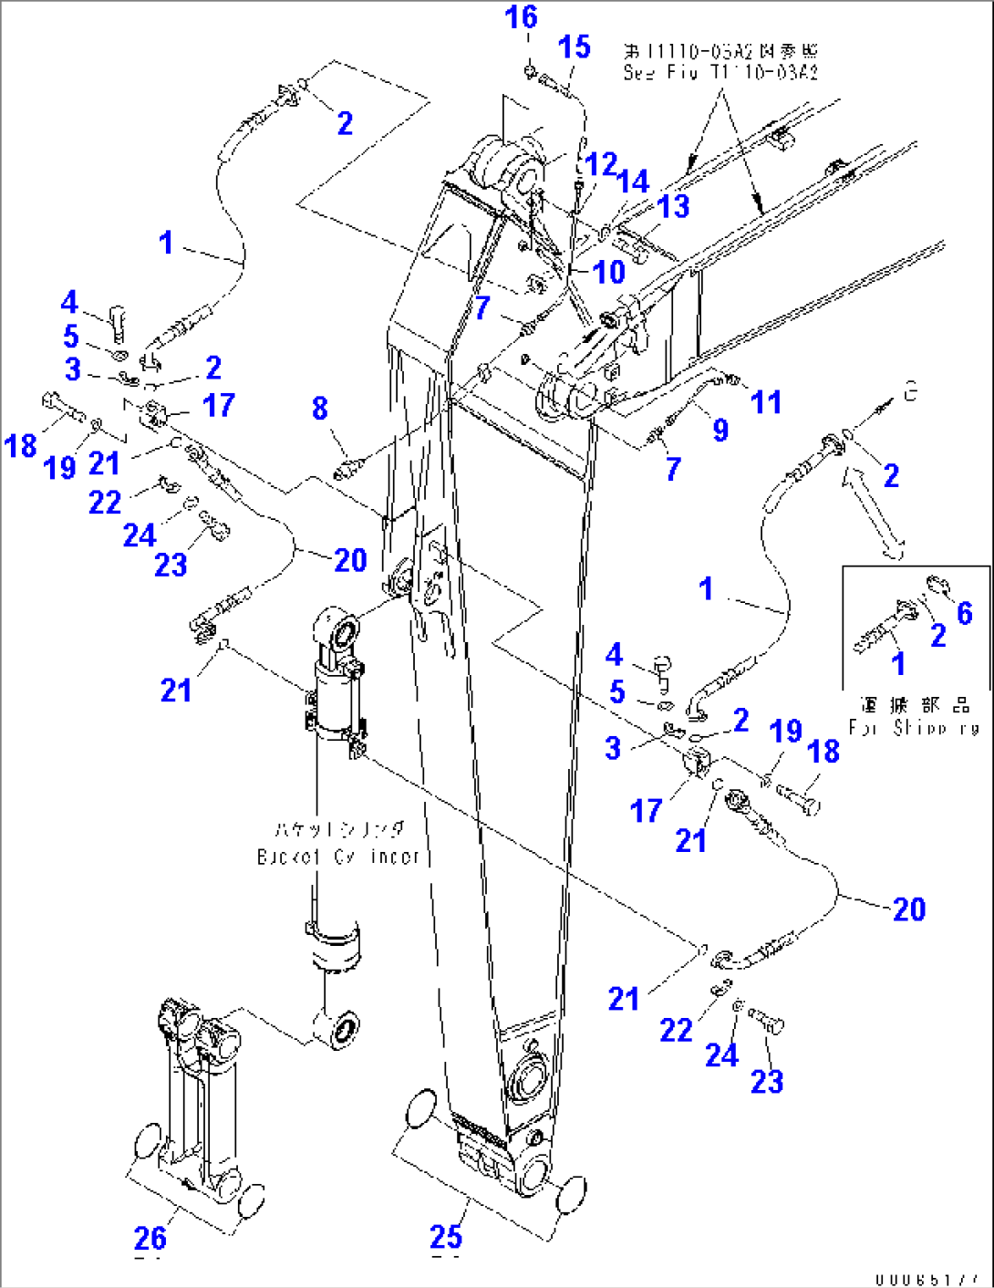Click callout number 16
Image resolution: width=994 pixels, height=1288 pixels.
pos(522,17)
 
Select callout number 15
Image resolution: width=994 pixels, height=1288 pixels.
pos(574,47)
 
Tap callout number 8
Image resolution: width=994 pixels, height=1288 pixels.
pos(319,408)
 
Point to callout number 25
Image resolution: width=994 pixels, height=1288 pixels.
pos(446,1237)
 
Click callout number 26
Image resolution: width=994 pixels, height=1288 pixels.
pos(150,1238)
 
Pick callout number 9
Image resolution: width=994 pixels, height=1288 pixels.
pos(720,430)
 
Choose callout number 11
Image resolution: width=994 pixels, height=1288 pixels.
pos(766,401)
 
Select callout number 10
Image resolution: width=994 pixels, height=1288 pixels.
pos(608,271)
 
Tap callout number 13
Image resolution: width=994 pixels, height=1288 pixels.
pos(673,206)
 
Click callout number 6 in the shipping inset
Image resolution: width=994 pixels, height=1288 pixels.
pos(964,613)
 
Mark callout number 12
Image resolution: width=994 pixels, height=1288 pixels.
pos(602,164)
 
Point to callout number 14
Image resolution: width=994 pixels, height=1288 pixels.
pos(633,182)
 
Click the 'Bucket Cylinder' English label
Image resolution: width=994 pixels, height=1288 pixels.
pos(338,857)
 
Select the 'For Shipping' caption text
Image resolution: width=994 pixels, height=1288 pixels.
pos(914,728)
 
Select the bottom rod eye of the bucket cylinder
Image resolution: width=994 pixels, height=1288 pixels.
pos(342,1029)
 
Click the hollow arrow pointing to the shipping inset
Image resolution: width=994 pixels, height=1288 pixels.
pos(875,511)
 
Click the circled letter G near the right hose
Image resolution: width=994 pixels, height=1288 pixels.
pos(910,392)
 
